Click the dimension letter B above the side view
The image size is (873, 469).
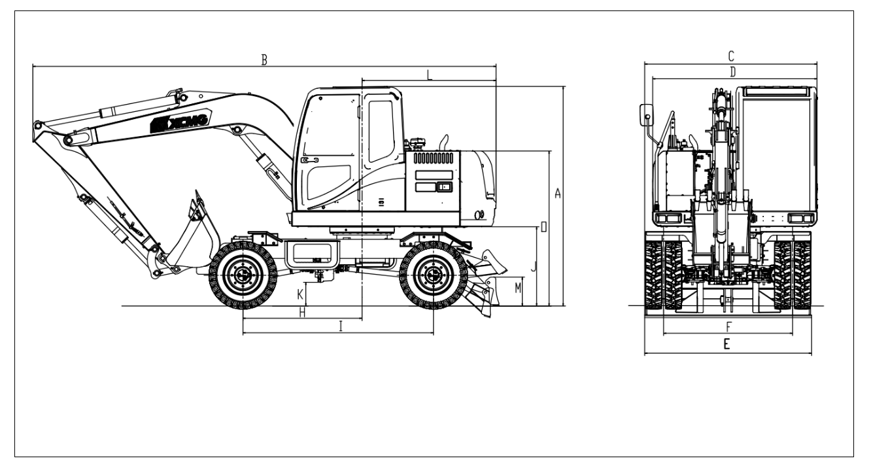coord(264,60)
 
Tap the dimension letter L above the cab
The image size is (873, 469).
coord(430,75)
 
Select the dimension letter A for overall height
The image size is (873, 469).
coord(558,193)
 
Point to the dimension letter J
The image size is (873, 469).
coord(534,267)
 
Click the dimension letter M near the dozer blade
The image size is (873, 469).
coord(518,288)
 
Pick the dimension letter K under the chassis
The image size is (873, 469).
coord(300,294)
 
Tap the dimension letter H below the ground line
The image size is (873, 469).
coord(302,313)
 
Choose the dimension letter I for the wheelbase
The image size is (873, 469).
coord(341,326)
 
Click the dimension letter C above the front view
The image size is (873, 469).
coord(731,56)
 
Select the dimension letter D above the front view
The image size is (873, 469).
coord(732,72)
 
